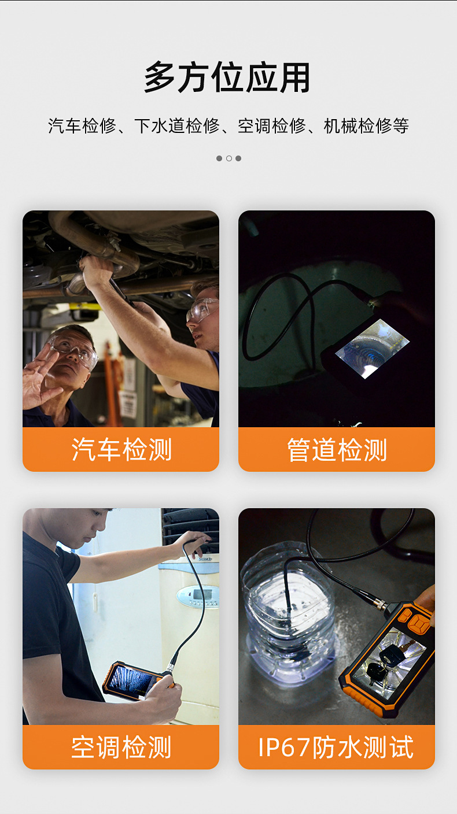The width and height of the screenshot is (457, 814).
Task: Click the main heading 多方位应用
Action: (x=227, y=77)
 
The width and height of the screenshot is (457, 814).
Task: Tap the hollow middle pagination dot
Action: (x=228, y=158)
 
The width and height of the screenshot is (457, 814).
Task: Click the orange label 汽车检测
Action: (x=121, y=450)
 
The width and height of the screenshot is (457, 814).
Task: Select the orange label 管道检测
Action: (x=337, y=450)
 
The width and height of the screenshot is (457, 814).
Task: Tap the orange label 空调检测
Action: (x=121, y=747)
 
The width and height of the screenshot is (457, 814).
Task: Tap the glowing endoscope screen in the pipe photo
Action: (x=372, y=349)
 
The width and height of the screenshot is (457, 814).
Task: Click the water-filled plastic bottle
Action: (x=289, y=614)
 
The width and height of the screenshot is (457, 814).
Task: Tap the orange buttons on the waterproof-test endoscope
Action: (x=414, y=620)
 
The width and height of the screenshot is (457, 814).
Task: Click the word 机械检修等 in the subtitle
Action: (x=366, y=126)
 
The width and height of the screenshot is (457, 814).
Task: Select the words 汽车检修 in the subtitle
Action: (x=82, y=126)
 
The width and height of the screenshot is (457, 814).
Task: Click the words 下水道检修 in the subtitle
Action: (x=176, y=126)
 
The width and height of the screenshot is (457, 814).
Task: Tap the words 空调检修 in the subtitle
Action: (x=271, y=126)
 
